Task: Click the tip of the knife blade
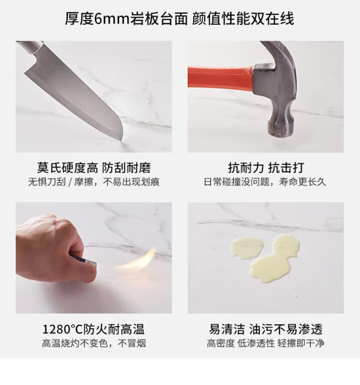coord(122,141)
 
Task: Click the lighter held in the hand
coord(85,261)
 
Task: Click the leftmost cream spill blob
coord(246,247)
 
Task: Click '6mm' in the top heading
coord(112,19)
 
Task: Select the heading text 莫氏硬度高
coord(67,168)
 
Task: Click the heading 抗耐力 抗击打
coord(266,168)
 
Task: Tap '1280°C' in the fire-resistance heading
coord(63,329)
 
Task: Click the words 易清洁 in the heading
coord(227,329)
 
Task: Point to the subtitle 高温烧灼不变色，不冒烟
coord(94,343)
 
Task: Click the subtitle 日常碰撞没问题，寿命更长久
coord(265,182)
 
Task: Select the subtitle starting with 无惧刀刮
coord(94,182)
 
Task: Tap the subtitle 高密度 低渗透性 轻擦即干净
coord(265,343)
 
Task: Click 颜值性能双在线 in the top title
coord(243,19)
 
